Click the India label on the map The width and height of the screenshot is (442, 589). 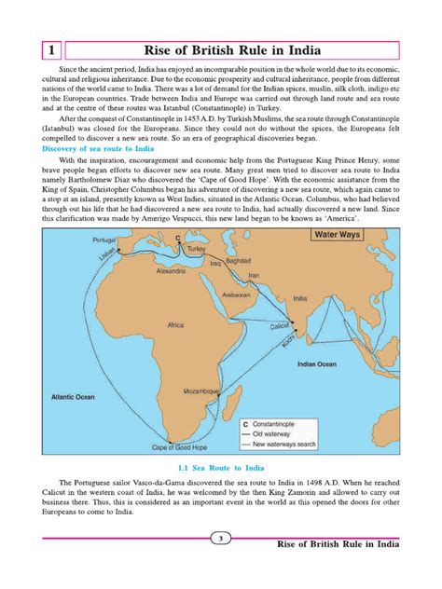(298, 299)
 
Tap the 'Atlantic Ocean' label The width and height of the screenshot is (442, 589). (74, 395)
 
